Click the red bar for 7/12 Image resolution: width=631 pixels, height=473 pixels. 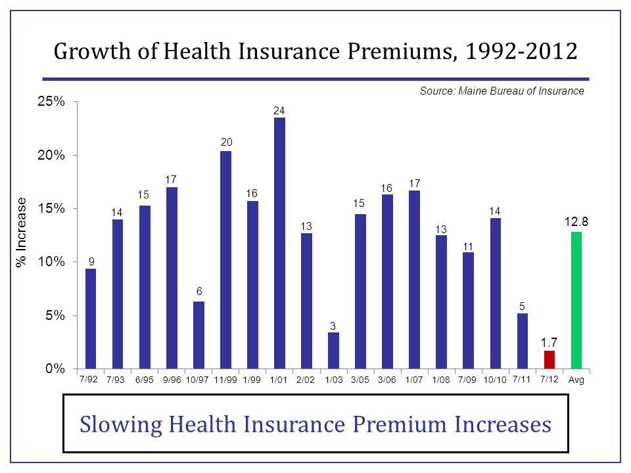(549, 359)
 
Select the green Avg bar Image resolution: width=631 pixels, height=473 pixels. (576, 300)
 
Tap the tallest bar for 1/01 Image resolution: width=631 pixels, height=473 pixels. (279, 243)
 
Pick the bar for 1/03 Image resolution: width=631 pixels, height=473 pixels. (333, 350)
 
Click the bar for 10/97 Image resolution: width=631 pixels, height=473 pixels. (199, 335)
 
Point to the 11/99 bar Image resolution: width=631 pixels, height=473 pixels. (225, 259)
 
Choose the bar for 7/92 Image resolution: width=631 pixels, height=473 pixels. (91, 319)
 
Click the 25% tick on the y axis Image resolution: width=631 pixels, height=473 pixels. (51, 102)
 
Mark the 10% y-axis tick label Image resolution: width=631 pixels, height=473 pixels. (51, 262)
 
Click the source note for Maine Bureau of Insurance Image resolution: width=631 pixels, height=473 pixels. (502, 91)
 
